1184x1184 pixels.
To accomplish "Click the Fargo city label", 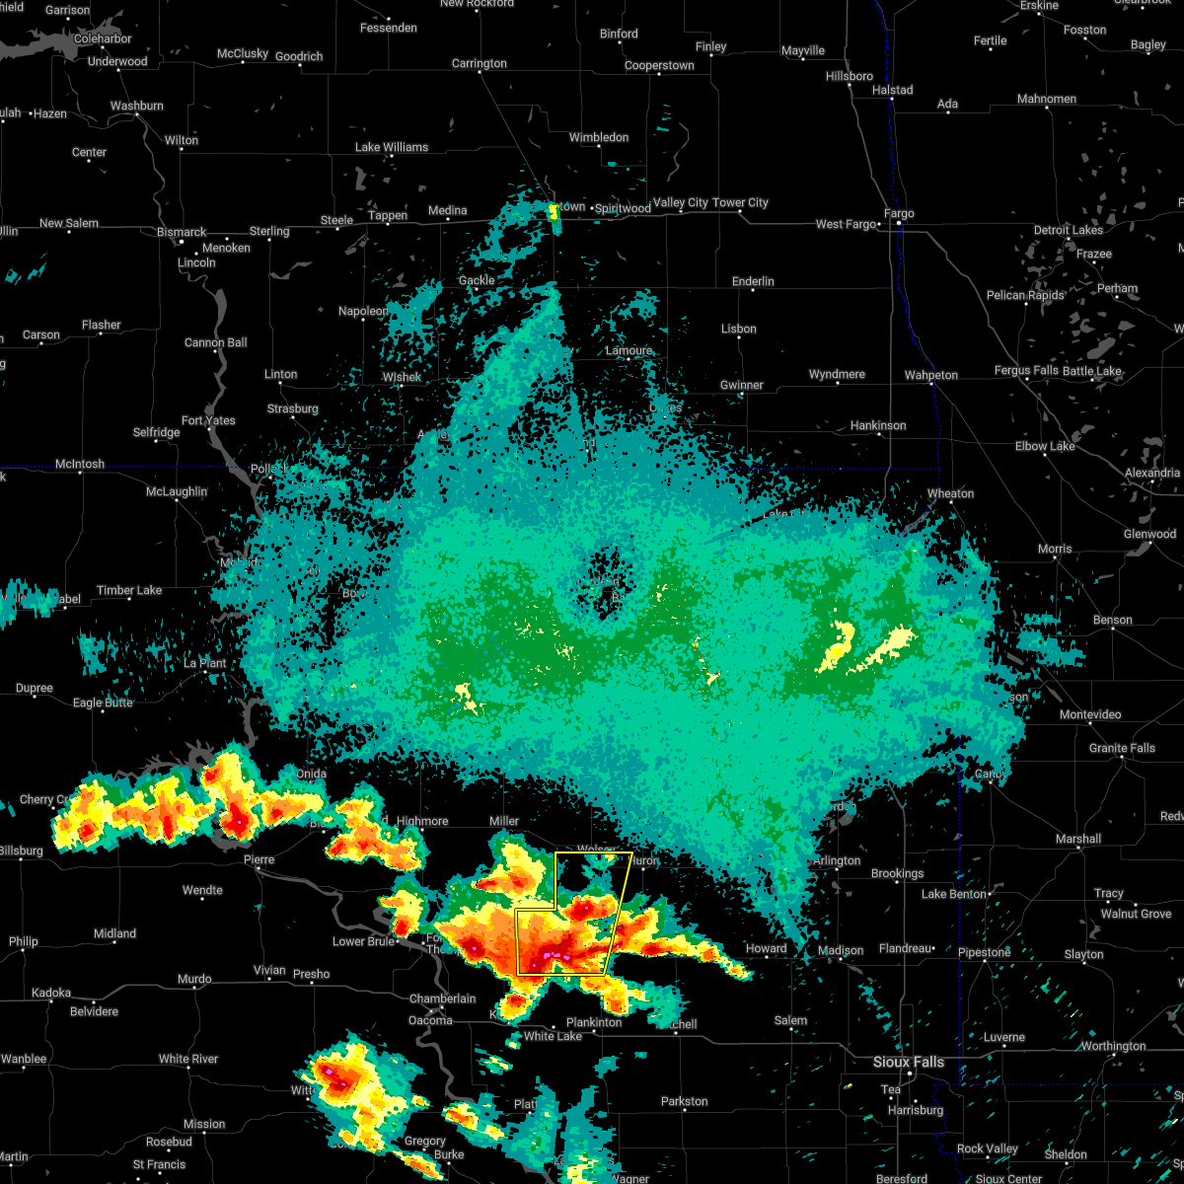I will click(x=899, y=213).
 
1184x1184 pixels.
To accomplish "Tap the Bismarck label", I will click(x=181, y=233).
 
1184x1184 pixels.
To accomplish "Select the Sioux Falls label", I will click(x=909, y=1062).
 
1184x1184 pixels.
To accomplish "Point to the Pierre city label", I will click(x=259, y=859).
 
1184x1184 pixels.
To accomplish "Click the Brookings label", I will click(x=897, y=873).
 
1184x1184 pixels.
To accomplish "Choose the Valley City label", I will click(x=681, y=202).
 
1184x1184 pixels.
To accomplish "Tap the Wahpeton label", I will click(x=931, y=375).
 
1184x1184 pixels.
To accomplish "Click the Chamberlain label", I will click(x=443, y=999).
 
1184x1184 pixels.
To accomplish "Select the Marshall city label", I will click(x=1077, y=839).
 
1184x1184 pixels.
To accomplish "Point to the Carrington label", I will click(x=480, y=63).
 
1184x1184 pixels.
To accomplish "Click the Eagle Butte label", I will click(x=103, y=703).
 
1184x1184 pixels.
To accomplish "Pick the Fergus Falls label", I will click(x=1026, y=371).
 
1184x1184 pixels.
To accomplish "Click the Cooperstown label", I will click(x=659, y=66).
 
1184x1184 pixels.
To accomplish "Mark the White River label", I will click(x=188, y=1059).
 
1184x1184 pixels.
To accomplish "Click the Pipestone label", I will click(x=984, y=952).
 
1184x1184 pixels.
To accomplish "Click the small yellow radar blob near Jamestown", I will click(x=554, y=210).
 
